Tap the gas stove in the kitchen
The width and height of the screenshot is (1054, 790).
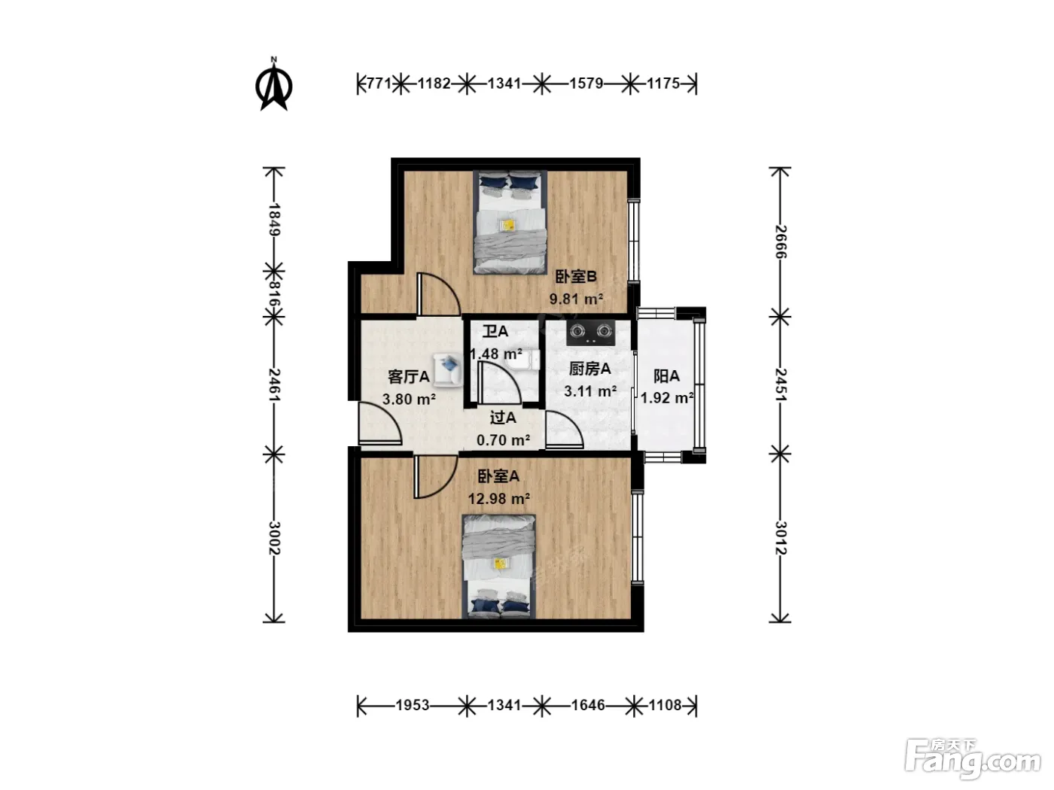tap(591, 333)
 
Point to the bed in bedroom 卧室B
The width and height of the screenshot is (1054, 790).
tap(510, 222)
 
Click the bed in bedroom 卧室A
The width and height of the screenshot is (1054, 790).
tap(498, 567)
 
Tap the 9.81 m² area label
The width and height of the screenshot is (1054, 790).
tap(576, 299)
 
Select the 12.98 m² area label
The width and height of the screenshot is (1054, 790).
tap(499, 499)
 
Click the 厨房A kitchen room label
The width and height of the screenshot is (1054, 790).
tap(589, 369)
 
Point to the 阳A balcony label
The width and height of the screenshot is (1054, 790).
tap(666, 376)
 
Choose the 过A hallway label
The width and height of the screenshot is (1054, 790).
tap(503, 418)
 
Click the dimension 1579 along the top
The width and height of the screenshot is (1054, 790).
tap(586, 84)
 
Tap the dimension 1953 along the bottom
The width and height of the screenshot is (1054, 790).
tap(413, 705)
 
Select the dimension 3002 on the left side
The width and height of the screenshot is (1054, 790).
tap(274, 538)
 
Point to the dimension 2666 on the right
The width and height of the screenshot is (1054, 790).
tap(781, 242)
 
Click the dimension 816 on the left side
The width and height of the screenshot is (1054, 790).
tap(274, 294)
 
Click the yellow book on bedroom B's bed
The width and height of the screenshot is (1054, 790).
tap(507, 225)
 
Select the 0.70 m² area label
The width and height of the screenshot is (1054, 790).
tap(503, 440)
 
